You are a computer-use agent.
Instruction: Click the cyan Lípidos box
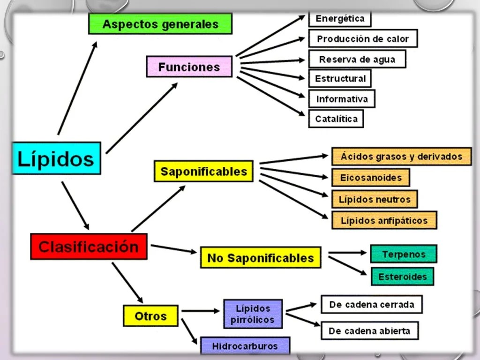tap(56, 158)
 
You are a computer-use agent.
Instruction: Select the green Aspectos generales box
tap(160, 24)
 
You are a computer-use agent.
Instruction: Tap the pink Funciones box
tap(189, 67)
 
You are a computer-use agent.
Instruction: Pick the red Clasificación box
tap(89, 247)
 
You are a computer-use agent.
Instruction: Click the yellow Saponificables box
tap(203, 171)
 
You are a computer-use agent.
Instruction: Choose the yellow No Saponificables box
tap(260, 258)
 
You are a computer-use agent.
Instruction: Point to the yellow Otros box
tap(150, 315)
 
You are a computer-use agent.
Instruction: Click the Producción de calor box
tap(363, 39)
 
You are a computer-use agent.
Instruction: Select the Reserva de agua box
tap(357, 60)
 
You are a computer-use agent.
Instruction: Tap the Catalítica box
tap(336, 119)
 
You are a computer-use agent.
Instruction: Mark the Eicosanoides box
tap(371, 178)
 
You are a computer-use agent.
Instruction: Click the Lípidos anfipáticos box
tap(384, 220)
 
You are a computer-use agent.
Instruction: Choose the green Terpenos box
tap(404, 254)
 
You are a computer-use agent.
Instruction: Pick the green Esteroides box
tap(403, 277)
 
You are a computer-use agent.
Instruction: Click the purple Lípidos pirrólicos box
tap(253, 314)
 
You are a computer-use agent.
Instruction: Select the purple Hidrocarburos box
tap(245, 346)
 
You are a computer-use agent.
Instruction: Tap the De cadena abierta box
tap(369, 330)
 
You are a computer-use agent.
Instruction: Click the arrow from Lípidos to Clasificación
tap(75, 205)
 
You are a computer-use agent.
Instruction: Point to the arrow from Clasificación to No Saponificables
tap(173, 249)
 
